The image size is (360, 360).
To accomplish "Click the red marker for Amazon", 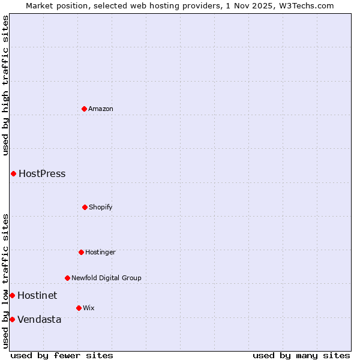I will click(85, 109).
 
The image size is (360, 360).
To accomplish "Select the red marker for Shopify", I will click(85, 207).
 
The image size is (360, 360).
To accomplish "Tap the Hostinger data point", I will click(81, 252).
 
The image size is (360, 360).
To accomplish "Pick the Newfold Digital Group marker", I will click(67, 278).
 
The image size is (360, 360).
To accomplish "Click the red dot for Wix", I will click(79, 308).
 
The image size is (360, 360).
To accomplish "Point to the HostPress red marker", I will click(13, 173).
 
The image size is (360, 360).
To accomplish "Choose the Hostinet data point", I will click(12, 295).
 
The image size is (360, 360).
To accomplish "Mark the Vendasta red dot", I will click(12, 319).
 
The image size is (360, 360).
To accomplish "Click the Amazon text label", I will click(101, 109).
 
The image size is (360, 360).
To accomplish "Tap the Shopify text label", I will click(101, 207).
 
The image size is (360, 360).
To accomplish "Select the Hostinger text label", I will click(100, 252).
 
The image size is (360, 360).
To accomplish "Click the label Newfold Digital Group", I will click(106, 278).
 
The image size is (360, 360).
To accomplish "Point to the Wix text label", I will click(89, 308).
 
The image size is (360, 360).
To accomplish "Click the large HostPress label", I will click(42, 174).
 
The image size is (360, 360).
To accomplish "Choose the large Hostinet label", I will click(37, 295).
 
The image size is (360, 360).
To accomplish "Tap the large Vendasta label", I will click(39, 319).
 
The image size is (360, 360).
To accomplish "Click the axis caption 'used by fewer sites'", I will click(62, 355).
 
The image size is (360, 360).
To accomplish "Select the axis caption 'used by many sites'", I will click(301, 355).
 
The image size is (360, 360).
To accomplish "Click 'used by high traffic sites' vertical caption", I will click(5, 85).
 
